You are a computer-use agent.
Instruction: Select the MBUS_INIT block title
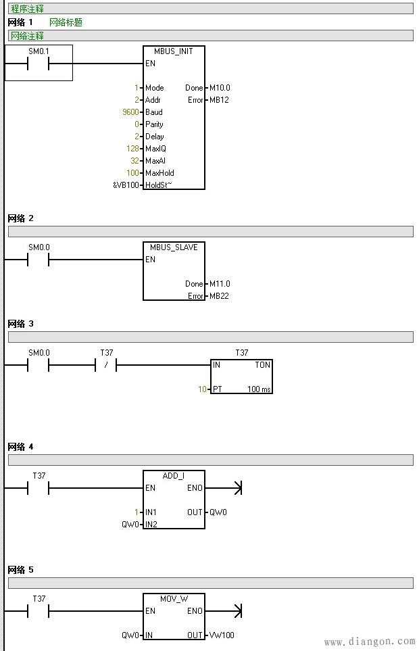(174, 51)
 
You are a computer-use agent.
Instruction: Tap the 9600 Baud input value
(131, 112)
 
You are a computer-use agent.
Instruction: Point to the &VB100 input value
(126, 185)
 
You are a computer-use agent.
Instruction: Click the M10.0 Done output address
(220, 88)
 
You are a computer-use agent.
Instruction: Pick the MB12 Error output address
(219, 100)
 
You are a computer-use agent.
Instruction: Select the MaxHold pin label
(159, 173)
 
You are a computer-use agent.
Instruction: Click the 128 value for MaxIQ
(132, 149)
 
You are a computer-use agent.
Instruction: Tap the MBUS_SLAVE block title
(174, 247)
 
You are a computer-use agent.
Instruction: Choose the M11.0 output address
(220, 284)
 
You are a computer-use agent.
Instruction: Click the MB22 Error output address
(219, 296)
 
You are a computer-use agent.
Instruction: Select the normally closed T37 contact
(107, 365)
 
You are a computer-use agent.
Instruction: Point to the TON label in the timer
(262, 365)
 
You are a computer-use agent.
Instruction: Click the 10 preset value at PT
(201, 389)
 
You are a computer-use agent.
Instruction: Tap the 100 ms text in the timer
(259, 389)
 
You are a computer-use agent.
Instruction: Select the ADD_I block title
(174, 476)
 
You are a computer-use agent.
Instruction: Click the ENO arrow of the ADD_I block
(236, 488)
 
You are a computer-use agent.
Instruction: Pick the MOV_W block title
(174, 599)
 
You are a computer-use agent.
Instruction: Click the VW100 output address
(222, 635)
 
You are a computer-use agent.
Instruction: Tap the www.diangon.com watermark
(370, 642)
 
